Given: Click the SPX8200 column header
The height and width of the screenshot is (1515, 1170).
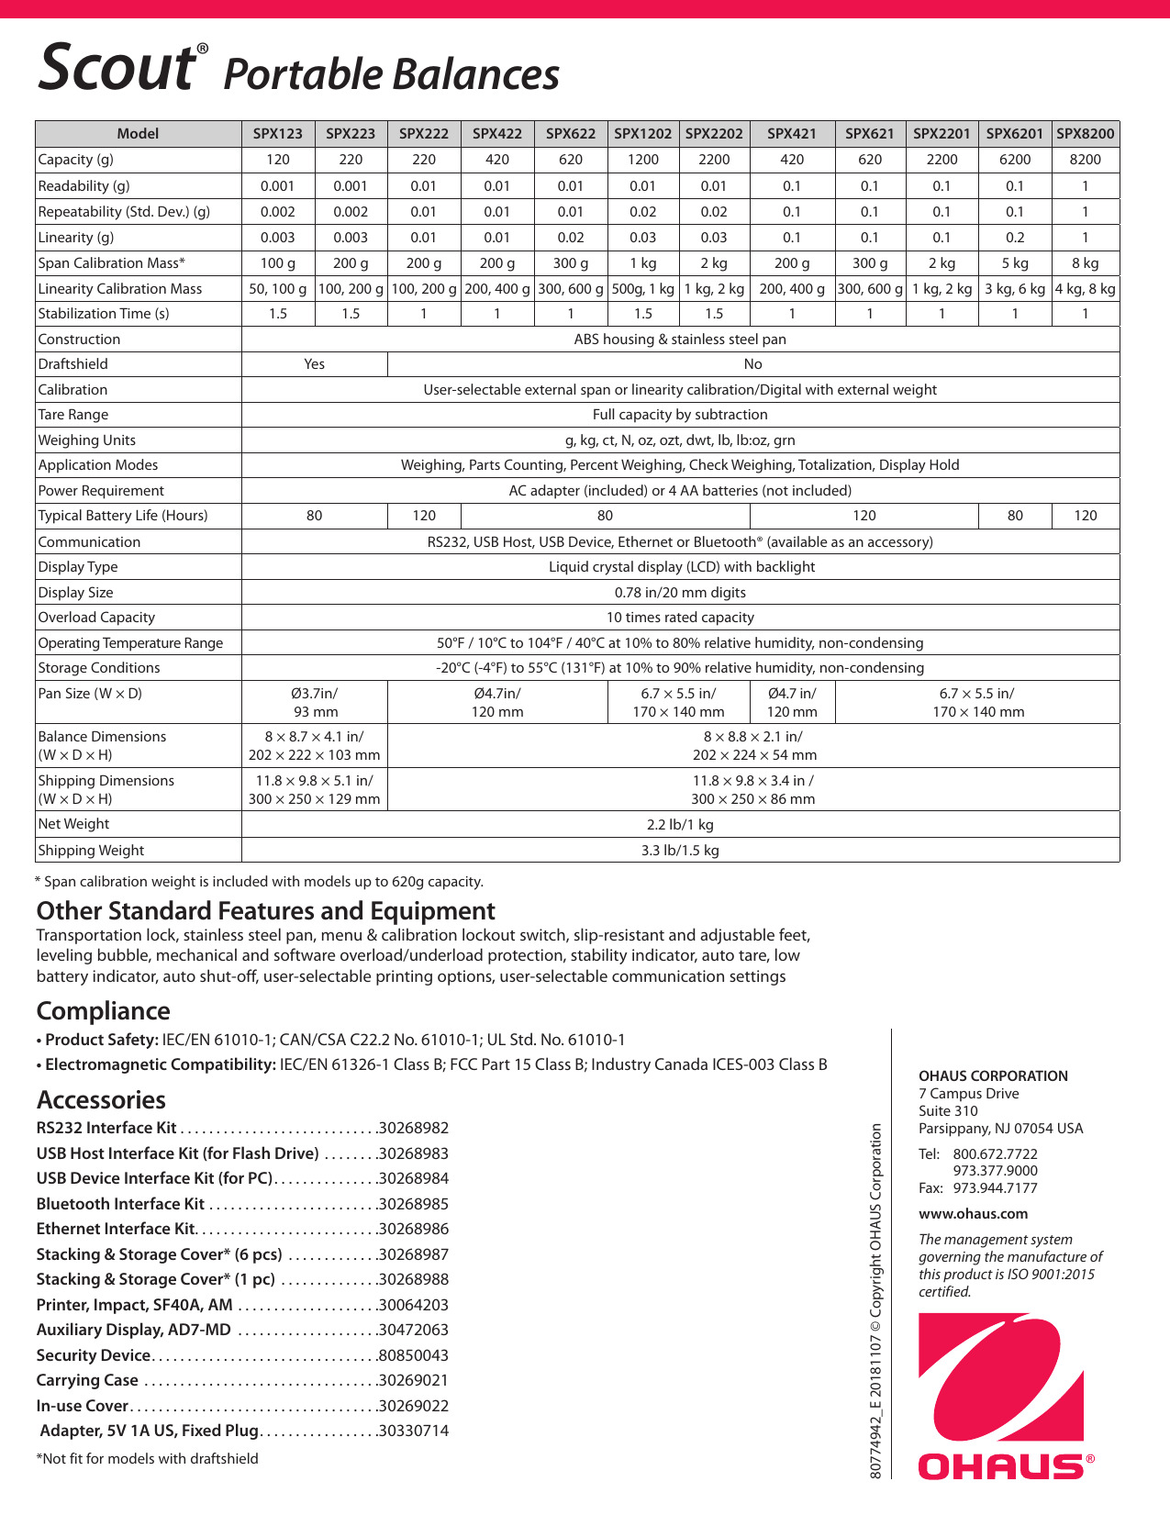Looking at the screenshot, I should pos(1086,133).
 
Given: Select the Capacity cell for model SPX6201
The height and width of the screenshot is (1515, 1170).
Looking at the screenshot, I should pos(1014,159).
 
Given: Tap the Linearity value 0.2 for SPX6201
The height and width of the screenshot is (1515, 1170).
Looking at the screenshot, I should pos(1014,237).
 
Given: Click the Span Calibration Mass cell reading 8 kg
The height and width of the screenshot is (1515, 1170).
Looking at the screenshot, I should pos(1086,262).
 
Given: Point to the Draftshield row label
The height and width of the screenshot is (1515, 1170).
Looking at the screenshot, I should pos(72,364).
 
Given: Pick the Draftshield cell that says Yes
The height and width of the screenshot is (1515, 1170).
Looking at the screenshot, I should pos(314,364).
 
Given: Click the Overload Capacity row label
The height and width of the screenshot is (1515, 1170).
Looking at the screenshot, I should pos(96,618).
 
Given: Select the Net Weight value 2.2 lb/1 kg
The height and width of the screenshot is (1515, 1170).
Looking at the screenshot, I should pos(680,824).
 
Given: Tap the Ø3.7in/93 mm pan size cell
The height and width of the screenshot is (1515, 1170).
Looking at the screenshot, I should pos(315,702).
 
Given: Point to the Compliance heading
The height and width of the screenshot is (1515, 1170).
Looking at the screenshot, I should pos(103,1011).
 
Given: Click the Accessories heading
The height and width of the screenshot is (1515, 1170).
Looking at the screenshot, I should pos(101,1099).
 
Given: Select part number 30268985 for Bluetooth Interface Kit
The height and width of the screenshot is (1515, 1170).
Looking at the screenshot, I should pos(414,1204).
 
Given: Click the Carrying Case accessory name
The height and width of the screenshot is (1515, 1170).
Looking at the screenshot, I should pos(87,1380).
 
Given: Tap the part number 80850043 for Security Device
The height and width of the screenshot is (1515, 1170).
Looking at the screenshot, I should pos(414,1355).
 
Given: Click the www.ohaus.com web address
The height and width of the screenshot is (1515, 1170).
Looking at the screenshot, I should pos(973,1213).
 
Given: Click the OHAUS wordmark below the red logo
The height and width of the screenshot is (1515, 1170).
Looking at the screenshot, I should pos(1000,1465).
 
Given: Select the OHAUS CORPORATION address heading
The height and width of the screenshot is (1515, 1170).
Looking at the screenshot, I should pos(993,1075).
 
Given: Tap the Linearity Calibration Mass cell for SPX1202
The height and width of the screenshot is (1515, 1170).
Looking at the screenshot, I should pos(643,288).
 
